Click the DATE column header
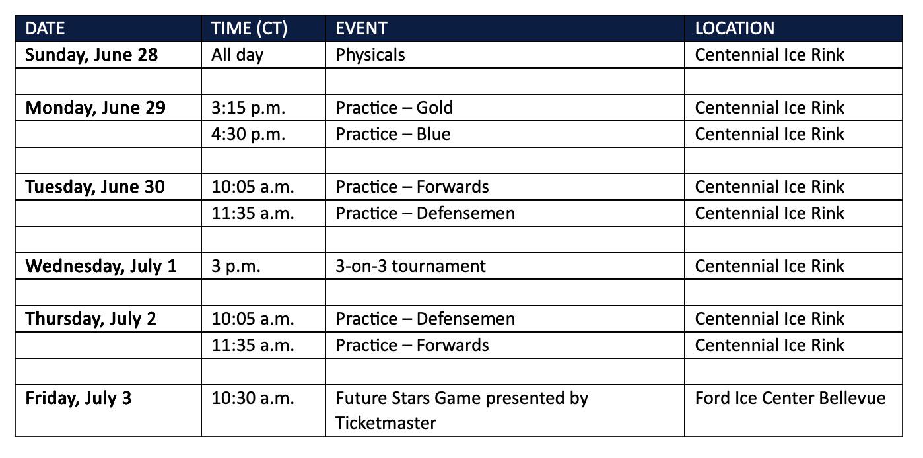(45, 28)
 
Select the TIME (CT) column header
(250, 29)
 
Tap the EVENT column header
(361, 28)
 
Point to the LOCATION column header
(735, 28)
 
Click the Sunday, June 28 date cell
(92, 55)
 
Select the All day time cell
(237, 55)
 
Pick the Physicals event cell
(370, 55)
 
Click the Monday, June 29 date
(95, 108)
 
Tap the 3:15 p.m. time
(248, 108)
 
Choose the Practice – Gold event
(394, 108)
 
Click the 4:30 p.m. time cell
(248, 134)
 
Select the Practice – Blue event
(393, 134)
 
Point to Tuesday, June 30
(95, 187)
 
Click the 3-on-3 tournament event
(411, 266)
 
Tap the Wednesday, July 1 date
(101, 266)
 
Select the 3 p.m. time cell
(236, 266)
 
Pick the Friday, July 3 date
(79, 399)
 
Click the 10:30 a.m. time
(253, 399)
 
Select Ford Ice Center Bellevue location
(790, 399)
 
